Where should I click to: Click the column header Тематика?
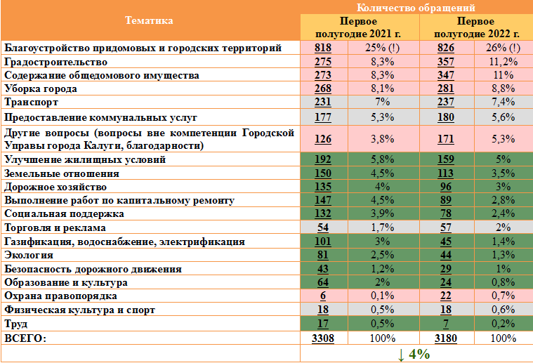click(149, 20)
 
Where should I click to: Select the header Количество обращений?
click(416, 7)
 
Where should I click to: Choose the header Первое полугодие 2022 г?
click(476, 27)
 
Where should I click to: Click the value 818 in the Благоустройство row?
click(323, 48)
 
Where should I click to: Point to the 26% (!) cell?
click(503, 48)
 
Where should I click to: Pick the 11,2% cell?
click(503, 62)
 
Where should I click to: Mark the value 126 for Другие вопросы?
click(323, 138)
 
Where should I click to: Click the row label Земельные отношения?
click(62, 173)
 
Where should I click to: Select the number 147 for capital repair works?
click(323, 201)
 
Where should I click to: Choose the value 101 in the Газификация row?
click(323, 242)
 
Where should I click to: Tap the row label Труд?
click(18, 324)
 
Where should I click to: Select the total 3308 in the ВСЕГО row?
click(323, 338)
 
